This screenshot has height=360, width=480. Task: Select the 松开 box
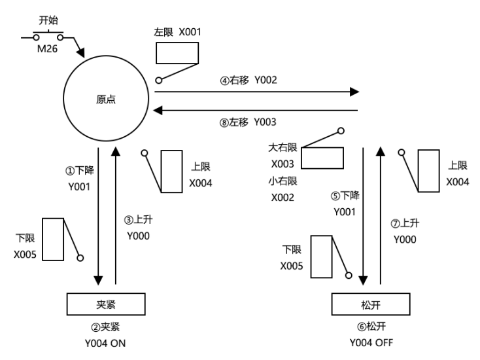coord(371,304)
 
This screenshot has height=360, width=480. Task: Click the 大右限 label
coord(283,149)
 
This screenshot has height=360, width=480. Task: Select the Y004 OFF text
coord(371,341)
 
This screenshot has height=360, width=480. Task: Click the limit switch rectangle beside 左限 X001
coord(177,52)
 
